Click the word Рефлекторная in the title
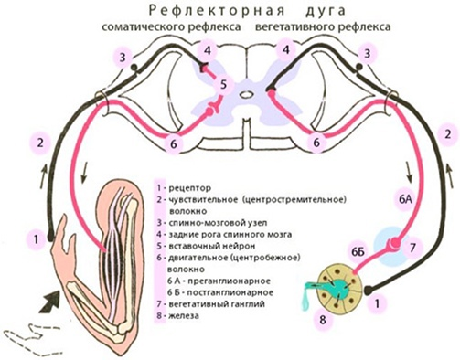click(194, 10)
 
